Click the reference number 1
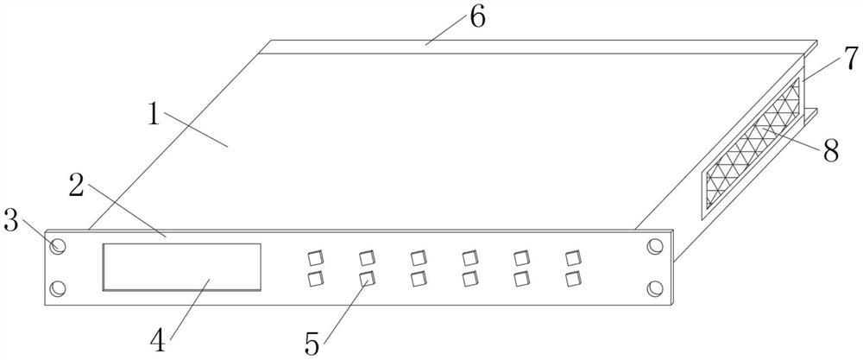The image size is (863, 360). pyautogui.click(x=153, y=114)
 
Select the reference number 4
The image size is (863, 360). pyautogui.click(x=157, y=338)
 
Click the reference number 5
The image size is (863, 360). pyautogui.click(x=312, y=343)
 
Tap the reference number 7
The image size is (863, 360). pyautogui.click(x=851, y=59)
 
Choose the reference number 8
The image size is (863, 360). pyautogui.click(x=831, y=151)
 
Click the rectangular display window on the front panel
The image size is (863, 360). pyautogui.click(x=182, y=267)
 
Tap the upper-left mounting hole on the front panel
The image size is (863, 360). pyautogui.click(x=58, y=247)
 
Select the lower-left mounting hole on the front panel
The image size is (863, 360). pyautogui.click(x=58, y=287)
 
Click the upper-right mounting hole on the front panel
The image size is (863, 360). pyautogui.click(x=655, y=247)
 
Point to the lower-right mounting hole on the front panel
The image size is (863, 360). pyautogui.click(x=655, y=287)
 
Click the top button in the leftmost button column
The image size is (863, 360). pyautogui.click(x=315, y=258)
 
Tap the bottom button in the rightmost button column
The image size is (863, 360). pyautogui.click(x=573, y=278)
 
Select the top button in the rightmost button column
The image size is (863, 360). pyautogui.click(x=573, y=257)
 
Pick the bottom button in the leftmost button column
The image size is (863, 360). pyautogui.click(x=315, y=279)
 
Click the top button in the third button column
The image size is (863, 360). pyautogui.click(x=419, y=258)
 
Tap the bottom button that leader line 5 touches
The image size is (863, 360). pyautogui.click(x=367, y=278)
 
